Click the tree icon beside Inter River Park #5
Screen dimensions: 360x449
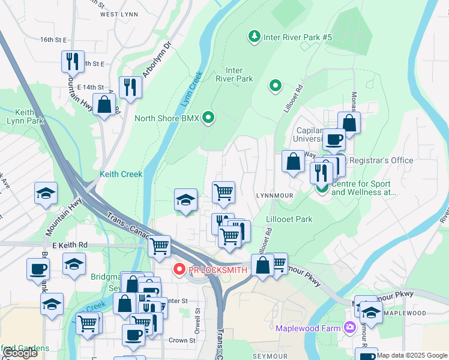point(255,37)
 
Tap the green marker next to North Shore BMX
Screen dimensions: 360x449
point(208,118)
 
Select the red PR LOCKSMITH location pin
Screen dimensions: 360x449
point(179,270)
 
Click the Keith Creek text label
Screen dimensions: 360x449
point(121,175)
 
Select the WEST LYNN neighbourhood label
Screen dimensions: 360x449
point(116,14)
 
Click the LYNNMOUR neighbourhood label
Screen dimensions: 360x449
point(274,196)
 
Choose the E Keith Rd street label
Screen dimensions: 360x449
point(70,245)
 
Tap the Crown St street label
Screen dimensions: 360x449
point(182,340)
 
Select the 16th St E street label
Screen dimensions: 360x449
point(53,40)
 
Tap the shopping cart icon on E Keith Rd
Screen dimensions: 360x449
point(159,245)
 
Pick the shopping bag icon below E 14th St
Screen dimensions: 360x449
point(104,104)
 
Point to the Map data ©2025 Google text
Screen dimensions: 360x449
point(412,355)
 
